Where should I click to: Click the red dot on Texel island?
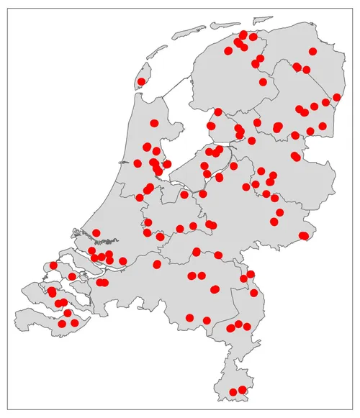click(x=141, y=81)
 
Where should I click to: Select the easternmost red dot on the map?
click(x=336, y=97)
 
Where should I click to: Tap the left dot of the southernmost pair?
click(x=233, y=393)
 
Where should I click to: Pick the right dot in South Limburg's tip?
click(x=242, y=390)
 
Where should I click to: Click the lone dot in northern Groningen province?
click(x=312, y=51)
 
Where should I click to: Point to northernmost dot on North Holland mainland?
click(x=153, y=123)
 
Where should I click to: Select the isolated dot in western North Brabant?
click(x=157, y=264)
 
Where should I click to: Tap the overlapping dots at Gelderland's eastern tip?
click(x=303, y=235)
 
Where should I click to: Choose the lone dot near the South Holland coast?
click(x=96, y=232)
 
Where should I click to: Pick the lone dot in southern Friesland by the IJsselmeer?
click(x=218, y=112)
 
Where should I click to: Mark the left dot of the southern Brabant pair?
click(x=189, y=317)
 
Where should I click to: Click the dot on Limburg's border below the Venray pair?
click(x=253, y=292)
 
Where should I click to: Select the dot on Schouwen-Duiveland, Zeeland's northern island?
click(x=53, y=265)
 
